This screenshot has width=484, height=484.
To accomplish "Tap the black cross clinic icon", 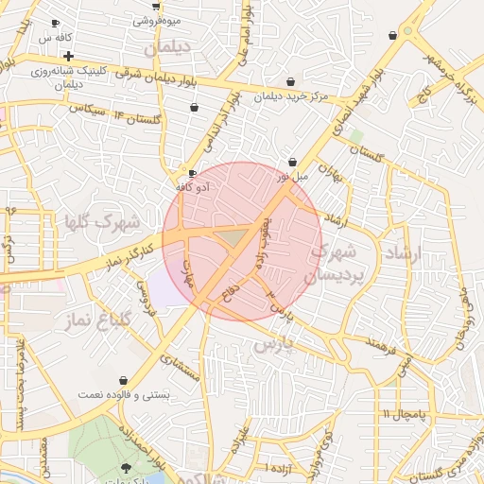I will [x=68, y=56].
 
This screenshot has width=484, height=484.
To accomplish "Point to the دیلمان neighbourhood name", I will [x=167, y=45].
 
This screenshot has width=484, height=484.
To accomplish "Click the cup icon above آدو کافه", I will [x=193, y=174].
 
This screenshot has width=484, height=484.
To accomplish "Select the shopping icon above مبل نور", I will [x=292, y=162].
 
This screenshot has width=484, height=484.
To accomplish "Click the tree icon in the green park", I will [x=127, y=468].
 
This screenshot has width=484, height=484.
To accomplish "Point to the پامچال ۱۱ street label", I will [x=406, y=415].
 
